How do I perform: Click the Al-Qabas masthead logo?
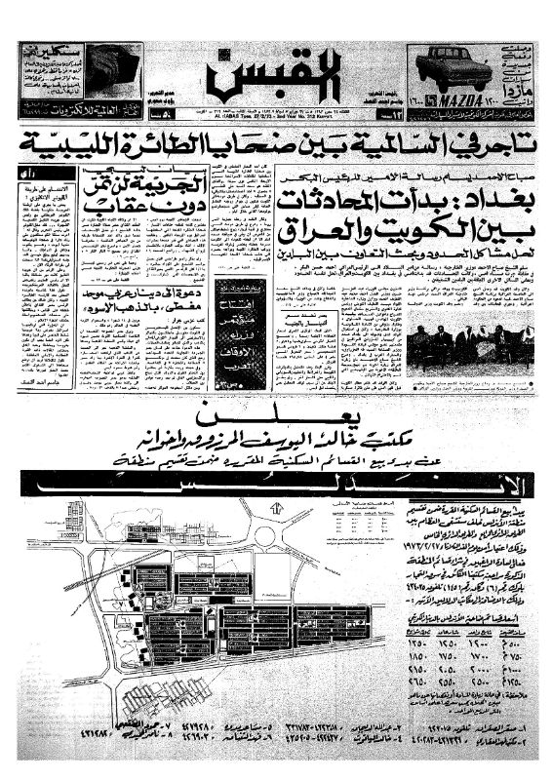276,78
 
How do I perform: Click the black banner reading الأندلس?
276,482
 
